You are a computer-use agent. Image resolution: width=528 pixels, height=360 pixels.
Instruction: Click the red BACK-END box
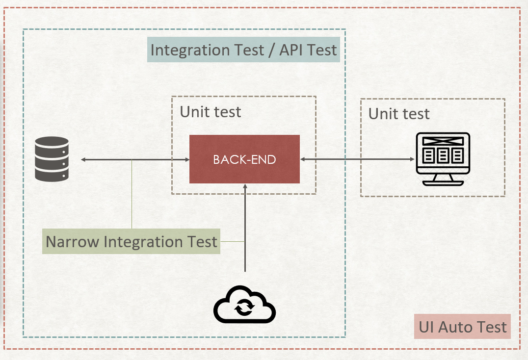pyautogui.click(x=244, y=159)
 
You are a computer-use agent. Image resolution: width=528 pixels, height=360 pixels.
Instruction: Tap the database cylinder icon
pyautogui.click(x=52, y=159)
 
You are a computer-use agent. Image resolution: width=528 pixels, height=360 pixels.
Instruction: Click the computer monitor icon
pyautogui.click(x=443, y=158)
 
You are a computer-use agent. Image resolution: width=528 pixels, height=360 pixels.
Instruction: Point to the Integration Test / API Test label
pyautogui.click(x=243, y=50)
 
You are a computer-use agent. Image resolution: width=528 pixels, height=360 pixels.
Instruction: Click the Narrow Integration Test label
pyautogui.click(x=131, y=241)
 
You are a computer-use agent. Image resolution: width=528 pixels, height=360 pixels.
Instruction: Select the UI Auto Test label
pyautogui.click(x=462, y=327)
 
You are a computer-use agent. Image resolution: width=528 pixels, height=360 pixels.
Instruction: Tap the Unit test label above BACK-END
pyautogui.click(x=211, y=112)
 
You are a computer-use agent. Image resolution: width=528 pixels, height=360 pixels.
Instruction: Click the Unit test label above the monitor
pyautogui.click(x=399, y=114)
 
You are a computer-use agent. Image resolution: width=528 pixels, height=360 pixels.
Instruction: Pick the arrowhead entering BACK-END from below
pyautogui.click(x=244, y=187)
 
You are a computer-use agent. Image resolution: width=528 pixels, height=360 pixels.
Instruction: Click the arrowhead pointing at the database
pyautogui.click(x=83, y=159)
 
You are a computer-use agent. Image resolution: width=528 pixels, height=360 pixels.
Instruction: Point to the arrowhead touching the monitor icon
pyautogui.click(x=412, y=159)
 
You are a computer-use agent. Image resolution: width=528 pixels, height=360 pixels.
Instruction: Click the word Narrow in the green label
pyautogui.click(x=72, y=241)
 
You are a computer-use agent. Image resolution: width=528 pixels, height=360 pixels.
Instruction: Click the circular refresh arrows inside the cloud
pyautogui.click(x=244, y=308)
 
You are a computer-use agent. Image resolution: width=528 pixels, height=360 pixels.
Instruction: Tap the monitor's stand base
pyautogui.click(x=443, y=182)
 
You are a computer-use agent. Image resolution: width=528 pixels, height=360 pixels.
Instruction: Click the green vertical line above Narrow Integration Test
pyautogui.click(x=132, y=196)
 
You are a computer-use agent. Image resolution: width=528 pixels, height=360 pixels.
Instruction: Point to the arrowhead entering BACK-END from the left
pyautogui.click(x=187, y=159)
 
